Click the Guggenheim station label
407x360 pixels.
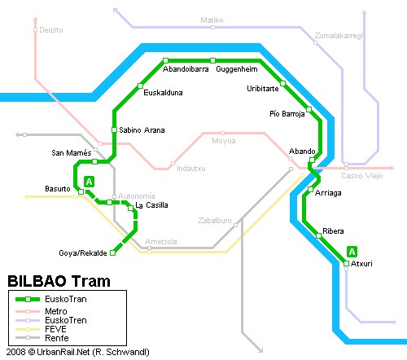237,69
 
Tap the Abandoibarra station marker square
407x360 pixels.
165,60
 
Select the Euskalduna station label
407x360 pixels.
163,93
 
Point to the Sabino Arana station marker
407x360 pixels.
114,130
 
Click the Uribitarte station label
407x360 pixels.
263,89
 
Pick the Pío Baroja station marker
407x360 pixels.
309,110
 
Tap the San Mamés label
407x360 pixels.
72,152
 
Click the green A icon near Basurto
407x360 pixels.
89,182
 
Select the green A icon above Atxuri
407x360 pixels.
352,252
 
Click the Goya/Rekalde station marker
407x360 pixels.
112,253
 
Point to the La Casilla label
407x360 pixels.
151,205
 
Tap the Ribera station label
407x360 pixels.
333,231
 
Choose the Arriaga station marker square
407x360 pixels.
311,189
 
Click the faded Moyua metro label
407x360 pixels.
224,141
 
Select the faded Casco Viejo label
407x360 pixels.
362,176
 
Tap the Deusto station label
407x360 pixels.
51,30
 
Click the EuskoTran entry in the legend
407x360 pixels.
66,299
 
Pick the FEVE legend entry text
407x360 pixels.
55,329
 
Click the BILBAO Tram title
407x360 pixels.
59,281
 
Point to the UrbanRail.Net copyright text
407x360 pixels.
78,352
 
